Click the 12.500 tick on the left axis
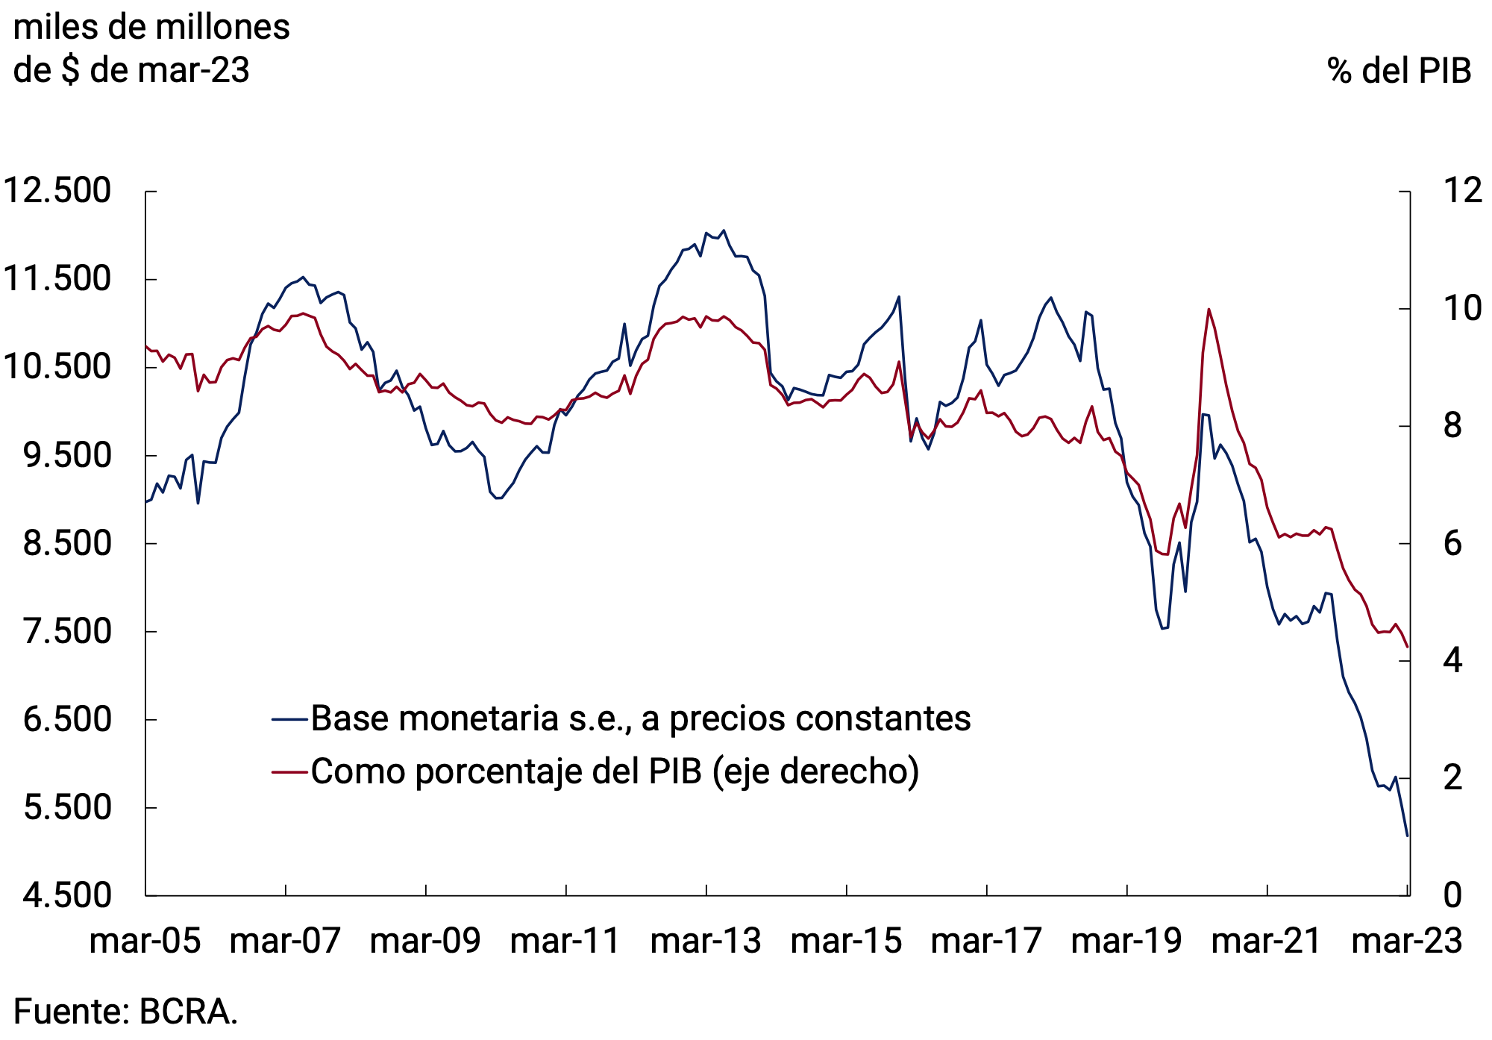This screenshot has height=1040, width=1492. click(x=57, y=191)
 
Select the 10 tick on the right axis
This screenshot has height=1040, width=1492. click(x=1462, y=309)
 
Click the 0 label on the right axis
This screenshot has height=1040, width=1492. click(x=1452, y=895)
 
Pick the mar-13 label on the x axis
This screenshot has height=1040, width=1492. click(x=706, y=941)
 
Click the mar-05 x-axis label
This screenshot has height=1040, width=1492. click(x=145, y=941)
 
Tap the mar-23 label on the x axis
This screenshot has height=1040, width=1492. click(x=1407, y=941)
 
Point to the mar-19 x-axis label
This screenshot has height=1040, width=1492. click(x=1126, y=941)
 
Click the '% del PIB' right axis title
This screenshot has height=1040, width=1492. click(x=1399, y=71)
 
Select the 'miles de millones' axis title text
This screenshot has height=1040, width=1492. click(x=151, y=28)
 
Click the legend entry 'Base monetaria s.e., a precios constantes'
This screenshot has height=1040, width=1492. click(x=640, y=718)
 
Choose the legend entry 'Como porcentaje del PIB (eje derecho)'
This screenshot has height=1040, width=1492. click(x=615, y=771)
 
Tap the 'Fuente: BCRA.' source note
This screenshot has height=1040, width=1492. click(x=125, y=1012)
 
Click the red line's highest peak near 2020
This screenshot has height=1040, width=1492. click(x=1209, y=309)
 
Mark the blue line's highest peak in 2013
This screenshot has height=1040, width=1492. click(x=724, y=231)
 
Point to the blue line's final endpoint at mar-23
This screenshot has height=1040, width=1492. click(x=1407, y=836)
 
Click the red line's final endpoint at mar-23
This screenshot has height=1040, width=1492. click(x=1407, y=647)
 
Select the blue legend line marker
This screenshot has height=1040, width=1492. click(x=290, y=719)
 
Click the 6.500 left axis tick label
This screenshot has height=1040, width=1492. click(x=67, y=720)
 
